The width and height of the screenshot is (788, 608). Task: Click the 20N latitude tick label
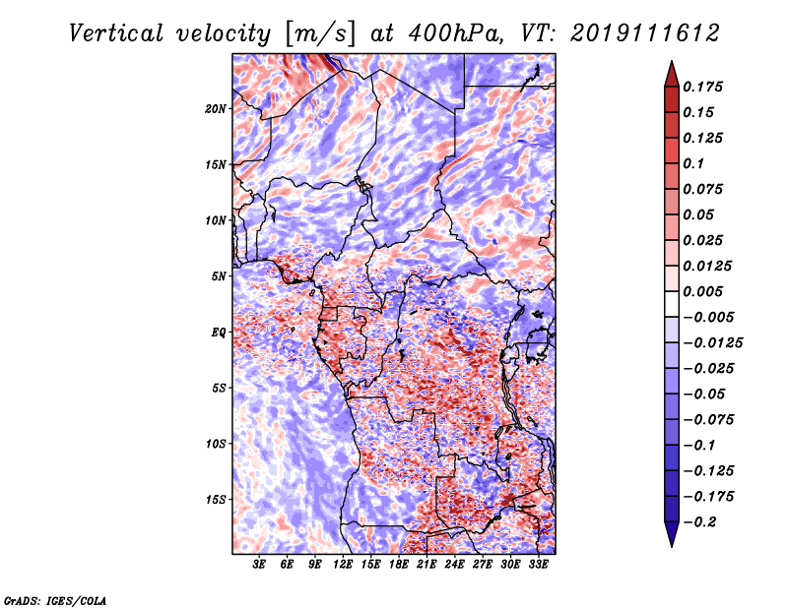point(216,109)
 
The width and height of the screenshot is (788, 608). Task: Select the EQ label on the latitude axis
point(219,333)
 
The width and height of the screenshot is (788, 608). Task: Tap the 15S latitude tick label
point(216,500)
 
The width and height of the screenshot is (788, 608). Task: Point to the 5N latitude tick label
point(219,276)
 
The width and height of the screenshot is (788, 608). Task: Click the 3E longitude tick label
point(259,564)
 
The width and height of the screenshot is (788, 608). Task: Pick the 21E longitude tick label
point(427,564)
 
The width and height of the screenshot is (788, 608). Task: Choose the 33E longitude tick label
point(538,564)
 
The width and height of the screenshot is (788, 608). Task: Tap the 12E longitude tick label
point(343,564)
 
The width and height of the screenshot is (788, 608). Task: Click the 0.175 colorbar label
point(702,87)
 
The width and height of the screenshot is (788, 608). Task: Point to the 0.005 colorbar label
point(702,291)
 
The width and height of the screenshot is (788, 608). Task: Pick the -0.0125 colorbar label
point(712,343)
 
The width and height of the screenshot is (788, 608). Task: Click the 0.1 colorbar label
point(693,163)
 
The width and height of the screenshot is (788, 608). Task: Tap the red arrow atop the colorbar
point(672,74)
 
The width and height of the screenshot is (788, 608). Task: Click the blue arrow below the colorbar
point(672,534)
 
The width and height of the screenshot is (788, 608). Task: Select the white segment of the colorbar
point(672,304)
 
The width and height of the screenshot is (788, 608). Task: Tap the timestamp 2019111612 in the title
point(645,33)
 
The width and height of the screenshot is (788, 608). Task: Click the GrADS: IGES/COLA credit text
point(55,600)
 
